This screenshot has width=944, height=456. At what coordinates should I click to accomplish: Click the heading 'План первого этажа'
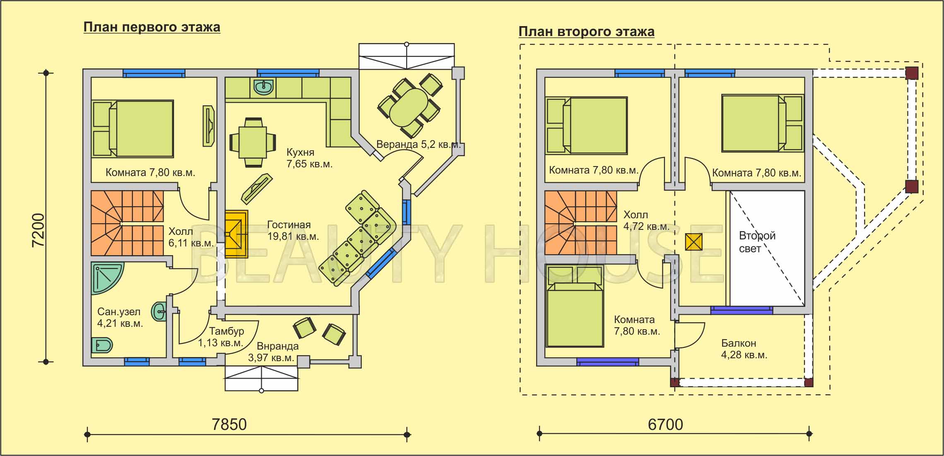pyautogui.click(x=152, y=28)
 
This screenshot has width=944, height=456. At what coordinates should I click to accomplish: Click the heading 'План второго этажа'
pyautogui.click(x=586, y=32)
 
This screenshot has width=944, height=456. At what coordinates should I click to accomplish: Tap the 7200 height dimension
pyautogui.click(x=38, y=230)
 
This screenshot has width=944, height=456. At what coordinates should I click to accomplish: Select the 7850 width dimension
pyautogui.click(x=229, y=425)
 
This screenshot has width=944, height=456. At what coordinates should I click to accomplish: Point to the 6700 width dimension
pyautogui.click(x=665, y=425)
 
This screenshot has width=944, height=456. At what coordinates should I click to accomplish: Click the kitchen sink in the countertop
pyautogui.click(x=262, y=87)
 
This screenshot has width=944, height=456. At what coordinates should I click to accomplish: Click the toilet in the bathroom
pyautogui.click(x=102, y=345)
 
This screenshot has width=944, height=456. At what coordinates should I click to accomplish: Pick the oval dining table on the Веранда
pyautogui.click(x=409, y=107)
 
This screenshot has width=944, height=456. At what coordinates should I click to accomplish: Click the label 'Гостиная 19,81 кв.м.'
pyautogui.click(x=293, y=231)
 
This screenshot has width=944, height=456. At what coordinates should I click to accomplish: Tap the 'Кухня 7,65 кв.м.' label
pyautogui.click(x=309, y=158)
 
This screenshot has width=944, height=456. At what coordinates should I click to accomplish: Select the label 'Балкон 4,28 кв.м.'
pyautogui.click(x=744, y=349)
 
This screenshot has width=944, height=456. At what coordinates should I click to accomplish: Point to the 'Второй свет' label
pyautogui.click(x=757, y=242)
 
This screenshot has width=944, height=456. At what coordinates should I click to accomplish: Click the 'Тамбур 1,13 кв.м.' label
pyautogui.click(x=221, y=337)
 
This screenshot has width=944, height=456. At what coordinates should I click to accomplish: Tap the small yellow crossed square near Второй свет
pyautogui.click(x=694, y=242)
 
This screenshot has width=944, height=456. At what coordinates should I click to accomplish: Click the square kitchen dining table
pyautogui.click(x=253, y=142)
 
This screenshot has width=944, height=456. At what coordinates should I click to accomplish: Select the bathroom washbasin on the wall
pyautogui.click(x=159, y=311)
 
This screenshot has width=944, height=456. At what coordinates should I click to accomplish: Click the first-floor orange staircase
pyautogui.click(x=127, y=223)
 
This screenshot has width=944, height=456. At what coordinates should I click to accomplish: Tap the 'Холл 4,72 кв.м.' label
pyautogui.click(x=646, y=221)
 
